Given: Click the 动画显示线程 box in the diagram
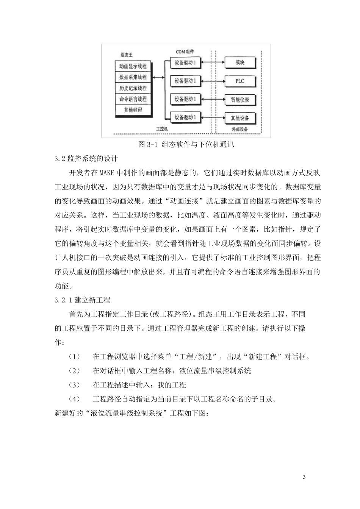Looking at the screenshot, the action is (133, 66).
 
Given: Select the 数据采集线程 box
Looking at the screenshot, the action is (133, 77).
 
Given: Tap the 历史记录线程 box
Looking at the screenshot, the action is (133, 88).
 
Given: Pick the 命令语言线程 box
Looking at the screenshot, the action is (133, 99).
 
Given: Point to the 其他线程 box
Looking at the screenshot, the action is (133, 110).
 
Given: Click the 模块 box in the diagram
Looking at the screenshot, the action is (240, 62).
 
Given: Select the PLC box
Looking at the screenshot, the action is (240, 81).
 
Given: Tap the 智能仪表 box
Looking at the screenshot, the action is (240, 100).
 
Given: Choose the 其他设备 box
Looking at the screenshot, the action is (240, 118).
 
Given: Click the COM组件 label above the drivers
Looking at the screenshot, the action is (185, 52).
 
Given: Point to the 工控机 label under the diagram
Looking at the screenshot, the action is (162, 129).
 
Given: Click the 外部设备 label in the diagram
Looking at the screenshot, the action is (240, 129).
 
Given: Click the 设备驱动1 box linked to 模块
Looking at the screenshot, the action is (185, 63).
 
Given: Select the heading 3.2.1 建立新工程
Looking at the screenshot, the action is (83, 300).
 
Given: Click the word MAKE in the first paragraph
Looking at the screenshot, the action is (107, 173).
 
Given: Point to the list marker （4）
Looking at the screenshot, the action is (74, 399).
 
